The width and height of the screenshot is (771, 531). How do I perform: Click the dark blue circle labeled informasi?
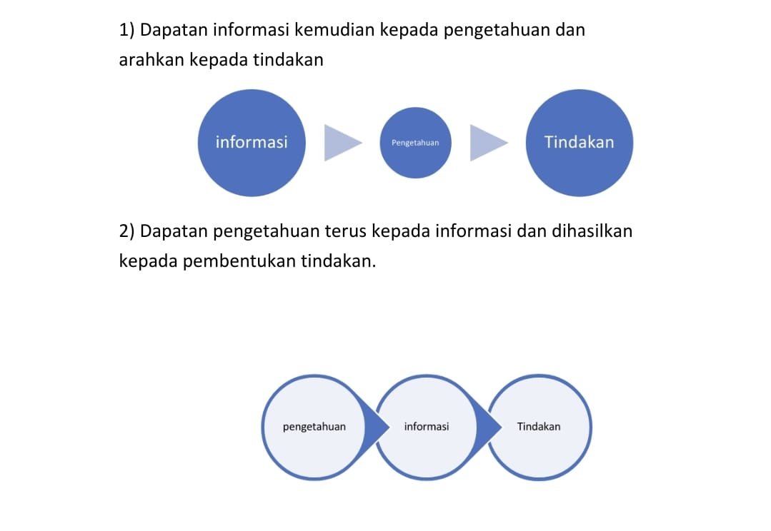pos(252,143)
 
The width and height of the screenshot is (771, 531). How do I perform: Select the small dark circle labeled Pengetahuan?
pos(415,143)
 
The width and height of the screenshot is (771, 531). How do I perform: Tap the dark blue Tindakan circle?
pos(580,143)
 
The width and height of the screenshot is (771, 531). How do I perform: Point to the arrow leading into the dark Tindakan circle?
pos(489,143)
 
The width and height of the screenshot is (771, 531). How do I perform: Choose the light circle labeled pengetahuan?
pos(314,427)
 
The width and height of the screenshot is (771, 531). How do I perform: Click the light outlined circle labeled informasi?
pos(427,427)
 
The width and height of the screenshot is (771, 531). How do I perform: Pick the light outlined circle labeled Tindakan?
pos(539,427)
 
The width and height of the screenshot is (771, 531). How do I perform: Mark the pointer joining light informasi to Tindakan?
pos(489,427)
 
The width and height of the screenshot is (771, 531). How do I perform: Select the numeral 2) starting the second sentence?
pos(127,231)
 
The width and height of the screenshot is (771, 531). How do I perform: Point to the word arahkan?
pos(152,60)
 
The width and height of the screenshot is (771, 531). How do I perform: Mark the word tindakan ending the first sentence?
pos(289,60)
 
